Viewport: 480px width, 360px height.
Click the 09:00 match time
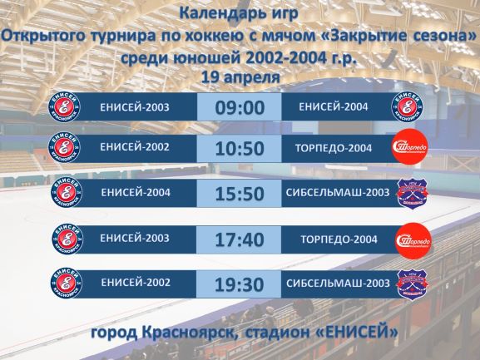point(240,107)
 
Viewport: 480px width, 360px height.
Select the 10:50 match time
point(240,149)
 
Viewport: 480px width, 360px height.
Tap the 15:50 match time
point(240,194)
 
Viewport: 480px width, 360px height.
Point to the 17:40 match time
point(240,239)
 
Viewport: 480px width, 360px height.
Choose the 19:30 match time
point(240,285)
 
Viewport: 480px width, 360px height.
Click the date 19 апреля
point(240,77)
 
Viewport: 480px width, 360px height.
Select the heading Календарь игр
point(239,13)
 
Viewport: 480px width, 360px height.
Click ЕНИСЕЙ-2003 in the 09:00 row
point(135,107)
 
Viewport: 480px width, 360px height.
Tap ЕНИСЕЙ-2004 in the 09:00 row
point(334,106)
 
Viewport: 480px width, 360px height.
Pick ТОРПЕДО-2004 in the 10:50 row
point(334,148)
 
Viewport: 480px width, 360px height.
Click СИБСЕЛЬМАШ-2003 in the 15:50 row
point(338,192)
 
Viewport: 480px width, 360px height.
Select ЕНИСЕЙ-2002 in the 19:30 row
point(136,283)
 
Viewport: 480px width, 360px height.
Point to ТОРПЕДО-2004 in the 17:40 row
point(339,239)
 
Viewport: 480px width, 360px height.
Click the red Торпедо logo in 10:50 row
point(410,147)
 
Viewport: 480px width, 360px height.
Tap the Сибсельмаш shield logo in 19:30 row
point(413,284)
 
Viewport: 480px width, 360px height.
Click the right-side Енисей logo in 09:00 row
point(408,107)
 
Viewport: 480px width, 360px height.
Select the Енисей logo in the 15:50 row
point(67,193)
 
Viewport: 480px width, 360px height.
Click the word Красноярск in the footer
point(189,333)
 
